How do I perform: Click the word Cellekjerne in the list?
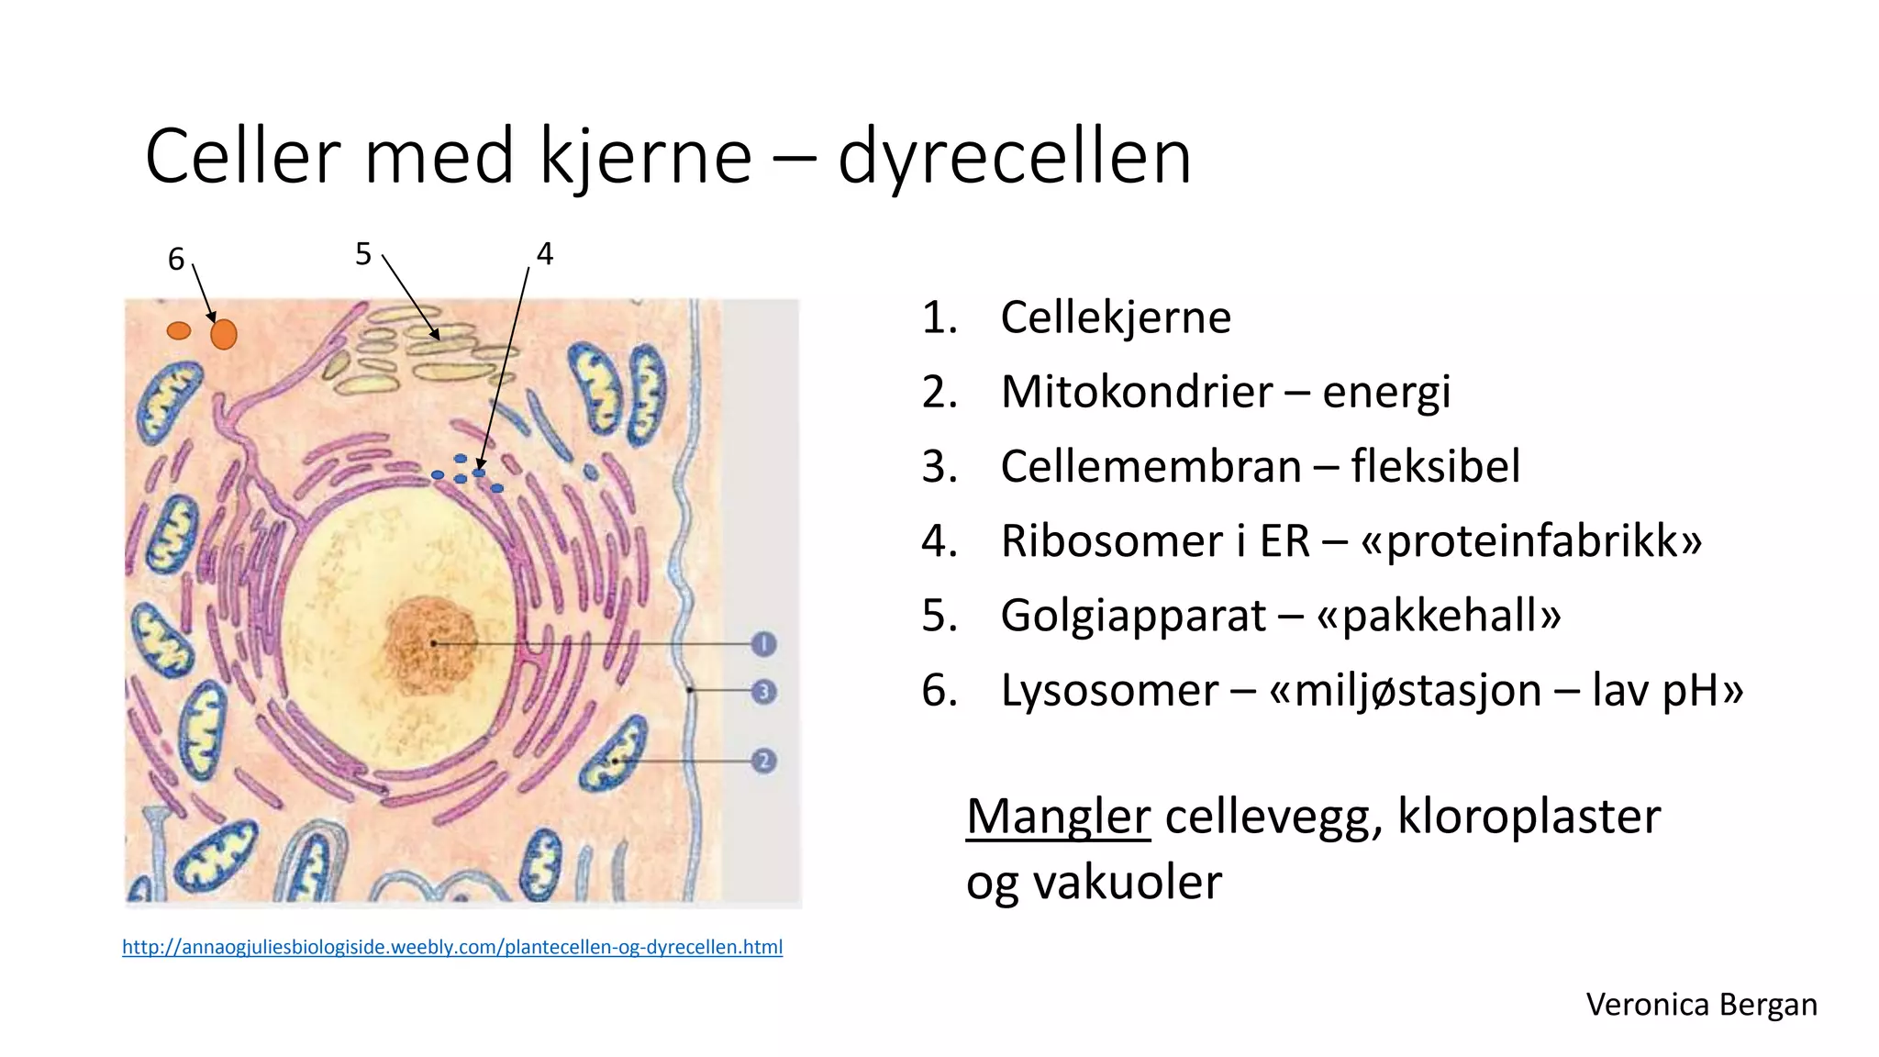1115,317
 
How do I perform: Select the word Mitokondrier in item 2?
1136,392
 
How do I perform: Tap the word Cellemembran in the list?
1151,466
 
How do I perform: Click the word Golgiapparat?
1132,616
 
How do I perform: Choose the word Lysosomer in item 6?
1108,690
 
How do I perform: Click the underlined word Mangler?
1058,816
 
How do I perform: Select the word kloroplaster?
1529,816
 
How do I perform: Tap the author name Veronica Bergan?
1701,1005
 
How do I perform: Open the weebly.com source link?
452,947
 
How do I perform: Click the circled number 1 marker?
763,644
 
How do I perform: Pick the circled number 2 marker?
763,761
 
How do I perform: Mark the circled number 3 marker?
763,691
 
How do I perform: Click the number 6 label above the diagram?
176,260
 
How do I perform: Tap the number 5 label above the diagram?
363,254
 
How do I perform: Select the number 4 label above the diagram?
545,254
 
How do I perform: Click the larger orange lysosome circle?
224,335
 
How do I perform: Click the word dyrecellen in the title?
1014,157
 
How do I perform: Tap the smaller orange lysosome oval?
179,330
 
